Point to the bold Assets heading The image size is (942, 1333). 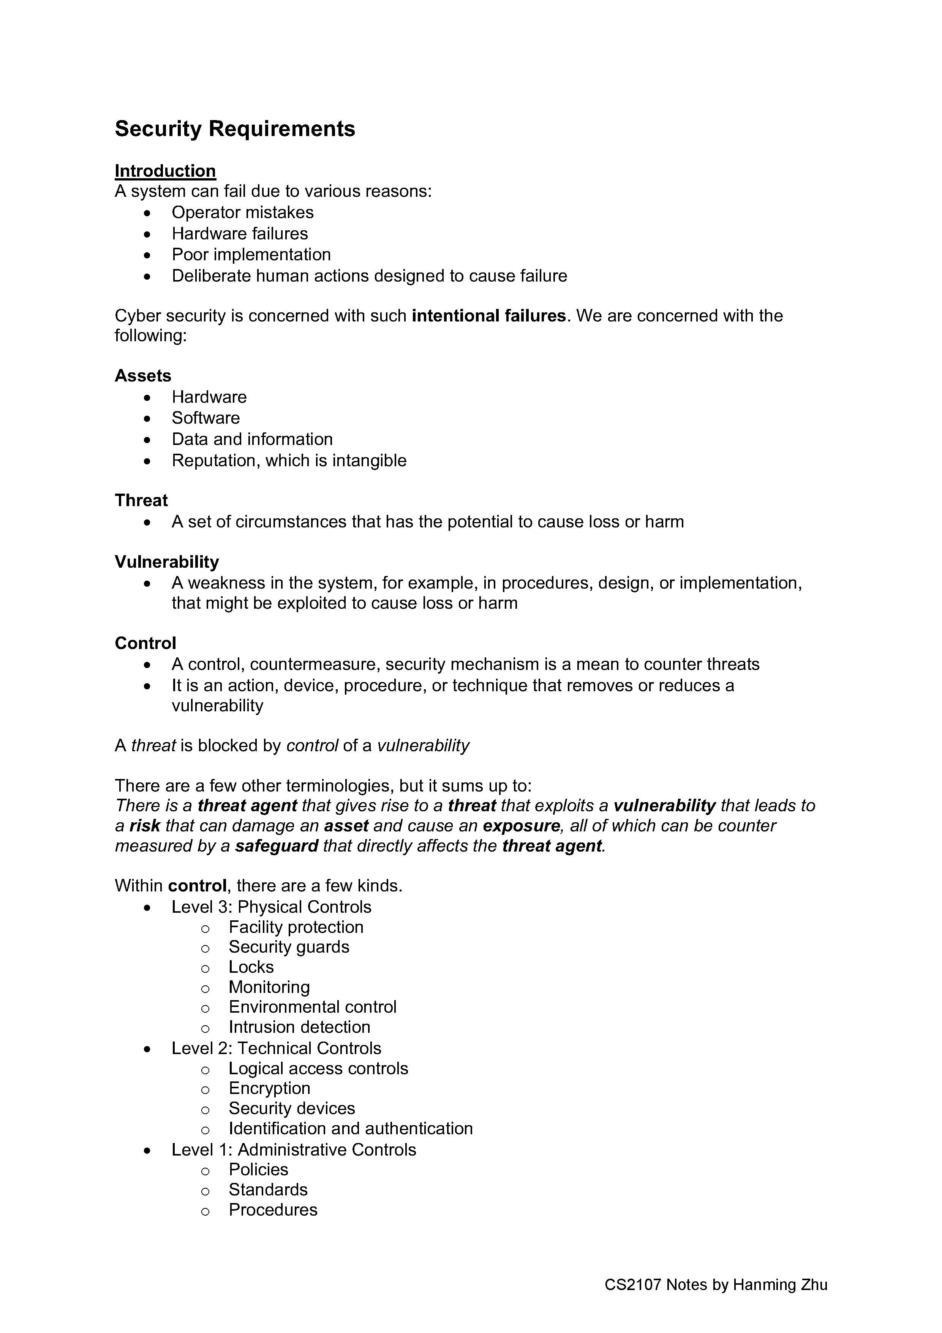coord(143,376)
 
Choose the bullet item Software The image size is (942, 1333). coord(205,418)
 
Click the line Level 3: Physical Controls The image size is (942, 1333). coord(271,907)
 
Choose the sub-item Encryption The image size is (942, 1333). coord(269,1088)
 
